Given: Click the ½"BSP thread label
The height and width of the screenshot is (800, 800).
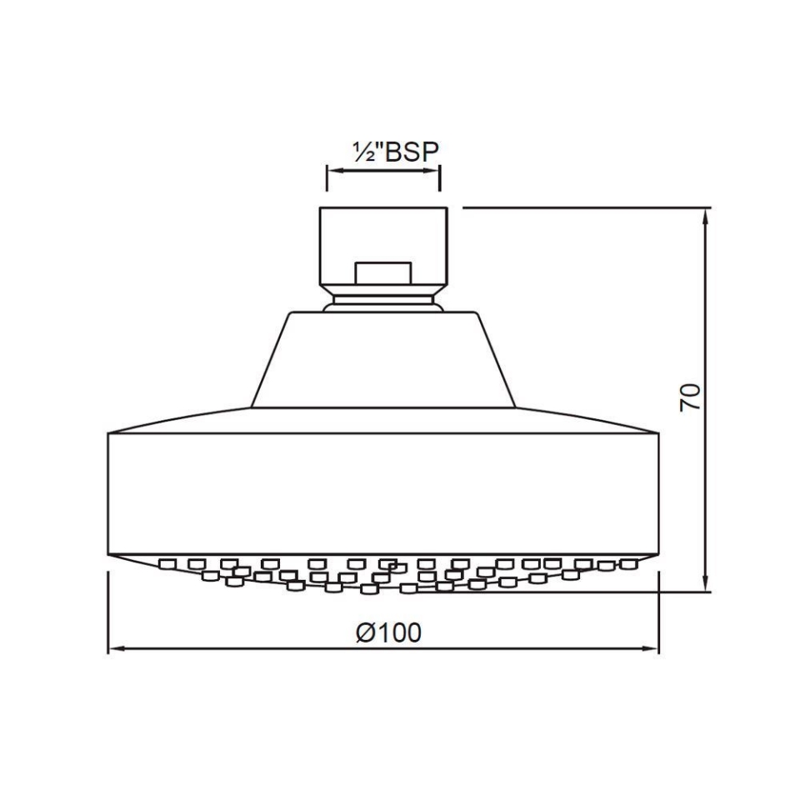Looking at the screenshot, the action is coord(395,152).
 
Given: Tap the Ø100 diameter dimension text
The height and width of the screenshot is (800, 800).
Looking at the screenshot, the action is coord(389,632).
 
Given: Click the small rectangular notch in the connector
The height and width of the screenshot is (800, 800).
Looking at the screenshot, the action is coord(383,273).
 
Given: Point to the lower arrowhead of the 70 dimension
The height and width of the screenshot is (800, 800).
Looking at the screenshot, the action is coord(706,583).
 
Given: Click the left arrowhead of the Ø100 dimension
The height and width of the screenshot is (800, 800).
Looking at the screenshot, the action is coord(117,648).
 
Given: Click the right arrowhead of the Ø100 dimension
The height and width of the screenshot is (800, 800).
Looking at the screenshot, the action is coord(650,648).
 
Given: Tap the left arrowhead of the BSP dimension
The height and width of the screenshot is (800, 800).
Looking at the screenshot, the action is coord(336,171).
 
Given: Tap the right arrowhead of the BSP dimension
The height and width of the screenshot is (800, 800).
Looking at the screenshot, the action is coord(431,171).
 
